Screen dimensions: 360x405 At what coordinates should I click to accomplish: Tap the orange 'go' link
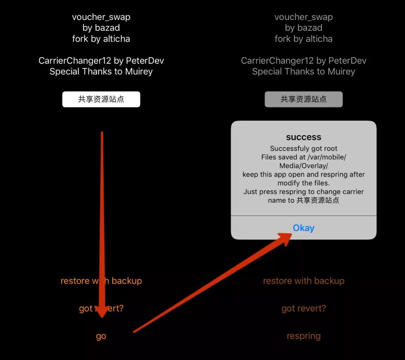[x=101, y=336]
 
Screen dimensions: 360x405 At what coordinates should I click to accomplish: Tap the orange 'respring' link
[x=303, y=336]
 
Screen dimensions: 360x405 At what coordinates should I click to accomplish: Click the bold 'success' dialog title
[x=303, y=137]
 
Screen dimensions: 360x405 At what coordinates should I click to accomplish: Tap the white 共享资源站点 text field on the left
[x=101, y=99]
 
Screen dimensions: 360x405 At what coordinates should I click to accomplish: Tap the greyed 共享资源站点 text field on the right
[x=303, y=99]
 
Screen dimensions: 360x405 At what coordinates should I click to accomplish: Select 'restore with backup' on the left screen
[x=101, y=281]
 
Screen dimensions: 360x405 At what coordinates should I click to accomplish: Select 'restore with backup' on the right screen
[x=303, y=281]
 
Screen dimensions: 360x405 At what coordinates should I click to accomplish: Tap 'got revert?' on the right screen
[x=303, y=309]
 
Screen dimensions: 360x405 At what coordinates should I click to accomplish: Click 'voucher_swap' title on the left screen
[x=101, y=17]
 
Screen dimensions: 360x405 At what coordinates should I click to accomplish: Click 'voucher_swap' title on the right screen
[x=303, y=17]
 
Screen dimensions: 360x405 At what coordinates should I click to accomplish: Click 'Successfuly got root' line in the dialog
[x=303, y=148]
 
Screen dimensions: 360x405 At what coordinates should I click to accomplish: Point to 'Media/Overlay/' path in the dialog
[x=303, y=166]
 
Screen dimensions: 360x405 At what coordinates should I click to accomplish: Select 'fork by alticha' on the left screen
[x=101, y=39]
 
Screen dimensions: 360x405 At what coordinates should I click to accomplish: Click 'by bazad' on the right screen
[x=303, y=28]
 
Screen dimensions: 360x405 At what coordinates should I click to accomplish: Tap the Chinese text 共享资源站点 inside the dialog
[x=318, y=200]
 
